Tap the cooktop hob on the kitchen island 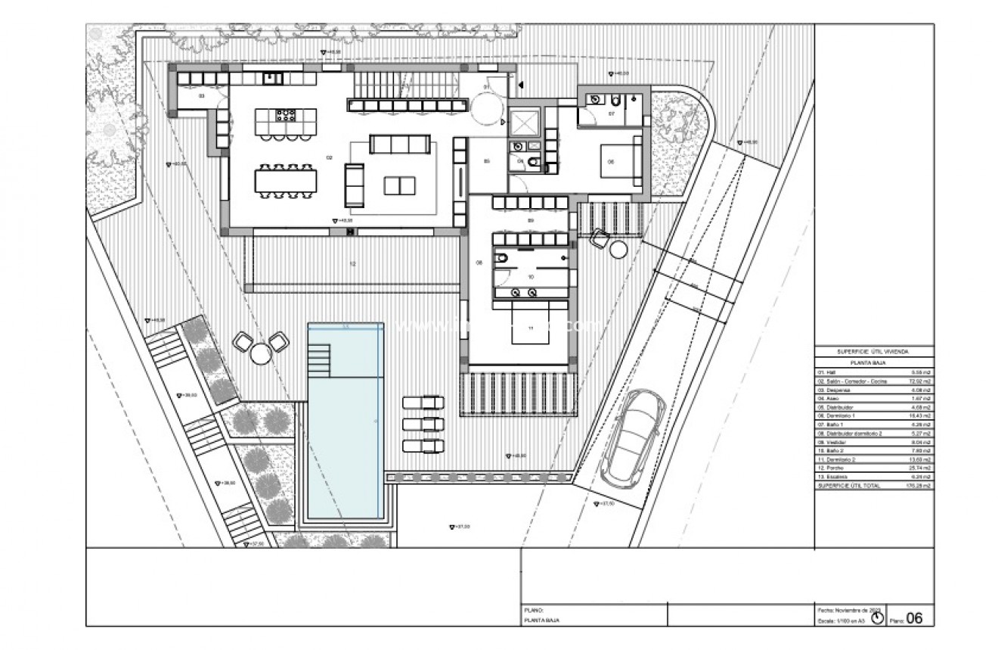(286, 116)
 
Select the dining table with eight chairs (286, 179)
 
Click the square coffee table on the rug (399, 185)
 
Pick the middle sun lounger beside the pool (423, 424)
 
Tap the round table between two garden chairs (260, 353)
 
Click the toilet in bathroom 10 (502, 259)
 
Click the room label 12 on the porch (352, 263)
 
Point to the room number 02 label (329, 157)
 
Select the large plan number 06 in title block (914, 617)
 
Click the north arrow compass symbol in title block (877, 618)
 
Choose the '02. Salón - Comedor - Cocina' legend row (873, 382)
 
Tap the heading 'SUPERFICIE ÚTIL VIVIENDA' (873, 352)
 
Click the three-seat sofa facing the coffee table (400, 144)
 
